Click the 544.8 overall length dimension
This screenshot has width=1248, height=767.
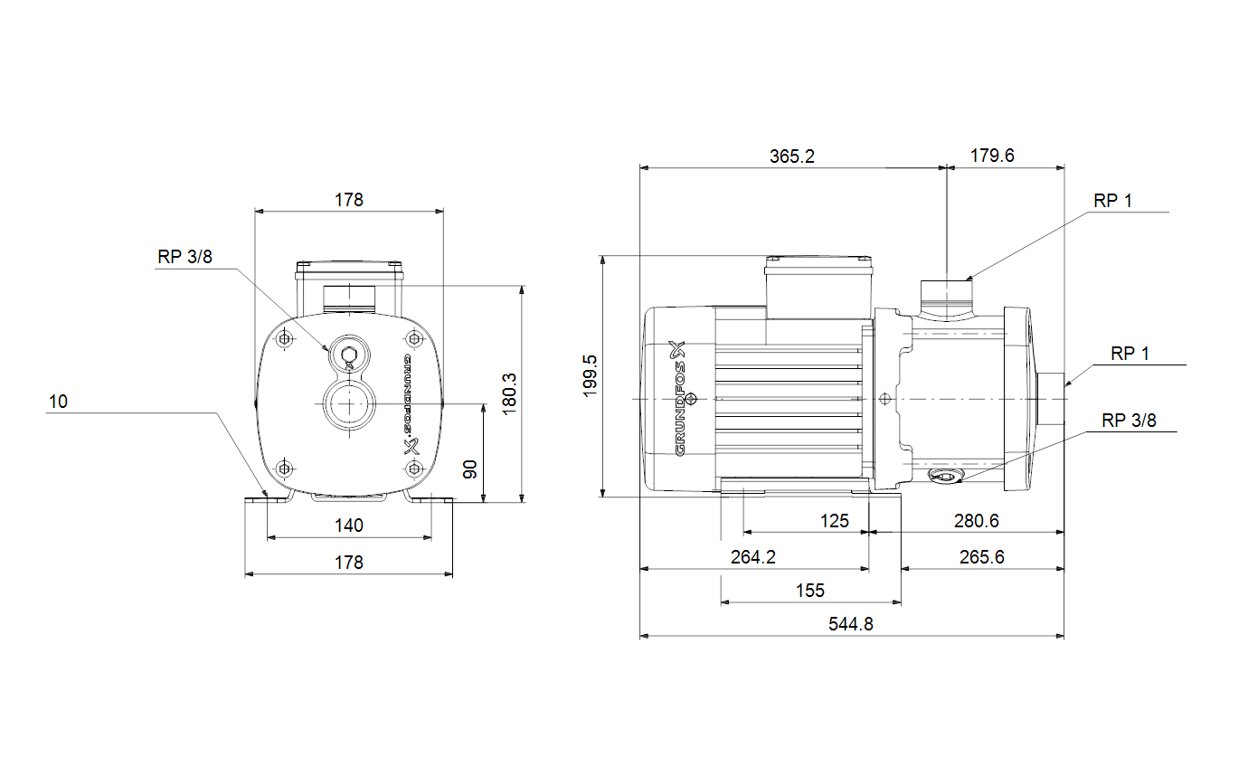(x=850, y=624)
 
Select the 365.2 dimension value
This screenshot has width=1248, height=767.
(x=791, y=156)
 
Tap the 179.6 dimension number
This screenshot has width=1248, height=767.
(x=992, y=156)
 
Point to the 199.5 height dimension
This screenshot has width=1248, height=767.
(x=590, y=375)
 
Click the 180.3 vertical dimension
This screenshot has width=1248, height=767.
(x=509, y=394)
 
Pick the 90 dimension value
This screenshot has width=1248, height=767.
(x=470, y=469)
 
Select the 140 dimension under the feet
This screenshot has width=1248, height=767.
(x=349, y=526)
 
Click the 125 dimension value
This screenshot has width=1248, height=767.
(x=834, y=521)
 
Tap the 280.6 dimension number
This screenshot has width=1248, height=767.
(x=976, y=521)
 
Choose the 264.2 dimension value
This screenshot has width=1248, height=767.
(x=752, y=557)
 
